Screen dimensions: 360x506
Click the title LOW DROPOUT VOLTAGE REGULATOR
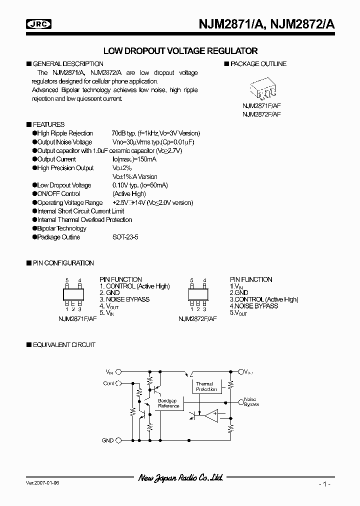pos(180,51)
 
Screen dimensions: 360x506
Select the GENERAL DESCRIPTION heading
pos(67,64)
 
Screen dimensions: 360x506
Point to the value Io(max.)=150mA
pos(134,159)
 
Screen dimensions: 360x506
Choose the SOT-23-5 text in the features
pos(125,237)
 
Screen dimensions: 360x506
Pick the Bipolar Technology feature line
pos(61,228)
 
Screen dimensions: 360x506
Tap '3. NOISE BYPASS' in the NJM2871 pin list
pos(124,299)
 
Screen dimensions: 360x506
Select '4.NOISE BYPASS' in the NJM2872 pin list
pos(254,305)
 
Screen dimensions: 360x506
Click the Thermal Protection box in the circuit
pos(206,386)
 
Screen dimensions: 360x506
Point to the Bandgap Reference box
pos(168,403)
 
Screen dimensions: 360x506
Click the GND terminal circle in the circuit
pos(118,440)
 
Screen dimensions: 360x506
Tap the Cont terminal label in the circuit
pos(108,383)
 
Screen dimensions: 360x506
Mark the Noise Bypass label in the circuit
pos(251,401)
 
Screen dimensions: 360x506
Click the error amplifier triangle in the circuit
pos(211,415)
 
